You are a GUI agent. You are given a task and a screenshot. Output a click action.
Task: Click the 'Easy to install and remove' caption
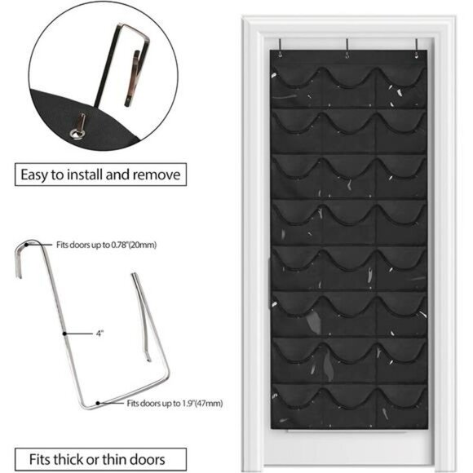click(101, 174)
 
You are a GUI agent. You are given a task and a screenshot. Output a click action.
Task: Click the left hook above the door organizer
click(279, 47)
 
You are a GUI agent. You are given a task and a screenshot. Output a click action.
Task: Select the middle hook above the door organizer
click(347, 47)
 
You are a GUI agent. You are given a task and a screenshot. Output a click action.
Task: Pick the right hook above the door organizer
click(416, 47)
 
